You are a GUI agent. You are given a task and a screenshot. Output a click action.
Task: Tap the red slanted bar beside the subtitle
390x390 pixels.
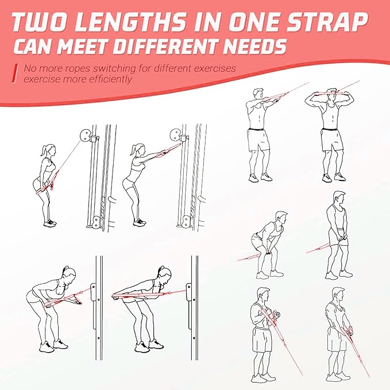coord(15,73)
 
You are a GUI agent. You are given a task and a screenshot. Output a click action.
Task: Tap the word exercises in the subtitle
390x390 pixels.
coord(215,68)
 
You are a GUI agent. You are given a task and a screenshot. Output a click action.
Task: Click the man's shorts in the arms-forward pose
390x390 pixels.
coord(258,139)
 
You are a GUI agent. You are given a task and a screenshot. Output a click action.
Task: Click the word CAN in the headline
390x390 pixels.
coord(34,47)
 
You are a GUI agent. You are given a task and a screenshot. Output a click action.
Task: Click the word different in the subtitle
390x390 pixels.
coord(172,68)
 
